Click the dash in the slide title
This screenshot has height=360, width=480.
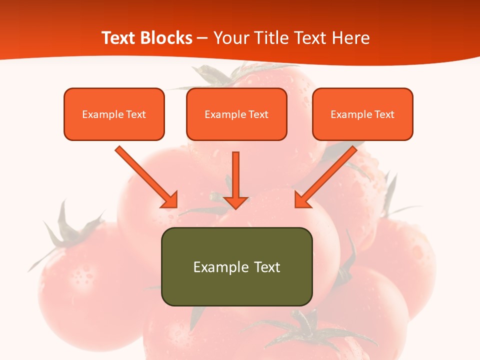(202, 38)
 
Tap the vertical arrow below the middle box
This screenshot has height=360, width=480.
(235, 180)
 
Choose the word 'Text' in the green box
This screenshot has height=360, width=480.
(267, 267)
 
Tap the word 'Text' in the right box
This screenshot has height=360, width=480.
(384, 114)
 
